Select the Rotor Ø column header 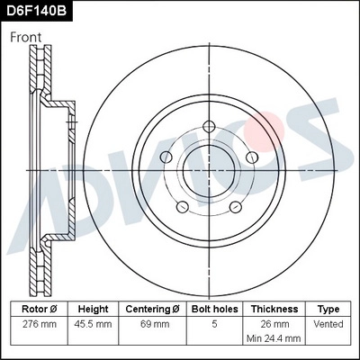[39, 308]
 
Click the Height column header [94, 308]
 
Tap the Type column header [329, 308]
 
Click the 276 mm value [39, 324]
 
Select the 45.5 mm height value [94, 324]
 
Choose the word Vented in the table [329, 324]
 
